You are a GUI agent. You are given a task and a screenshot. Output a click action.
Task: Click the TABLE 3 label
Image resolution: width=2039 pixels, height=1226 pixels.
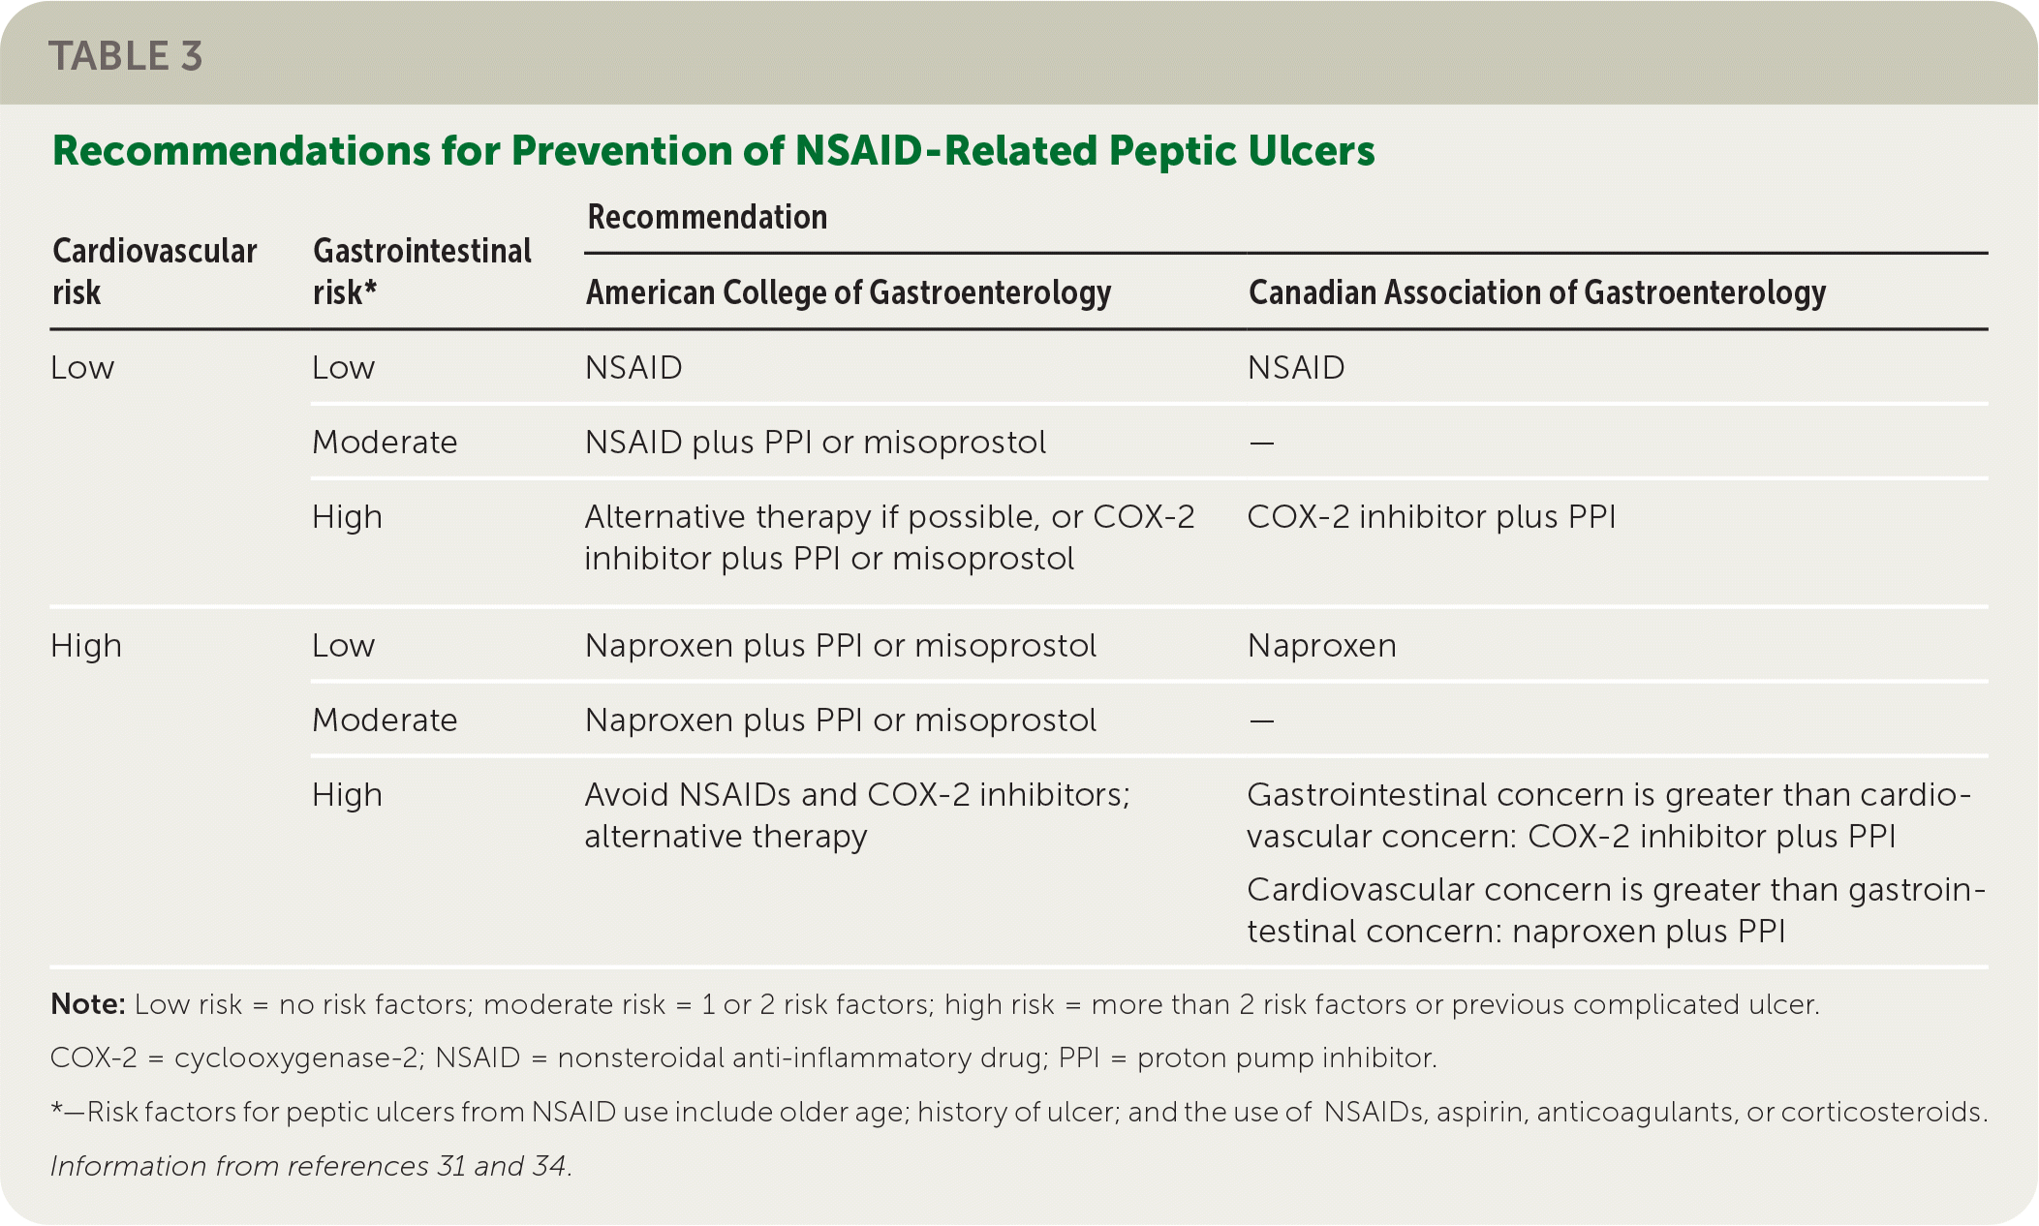(x=126, y=56)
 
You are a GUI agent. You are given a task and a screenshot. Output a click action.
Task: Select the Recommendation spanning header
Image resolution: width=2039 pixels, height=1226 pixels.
(x=707, y=217)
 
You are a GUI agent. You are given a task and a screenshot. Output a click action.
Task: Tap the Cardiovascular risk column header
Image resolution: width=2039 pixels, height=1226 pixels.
(x=154, y=271)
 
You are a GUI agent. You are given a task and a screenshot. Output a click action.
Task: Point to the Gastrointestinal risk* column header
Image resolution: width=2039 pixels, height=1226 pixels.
(x=422, y=271)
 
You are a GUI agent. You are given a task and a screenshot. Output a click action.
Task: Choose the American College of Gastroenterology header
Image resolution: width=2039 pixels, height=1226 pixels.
(x=849, y=292)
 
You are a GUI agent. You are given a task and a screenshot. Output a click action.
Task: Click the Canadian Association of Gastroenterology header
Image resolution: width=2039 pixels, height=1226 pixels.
(x=1537, y=292)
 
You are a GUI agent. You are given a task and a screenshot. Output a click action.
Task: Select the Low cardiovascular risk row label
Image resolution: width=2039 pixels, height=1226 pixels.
(x=82, y=368)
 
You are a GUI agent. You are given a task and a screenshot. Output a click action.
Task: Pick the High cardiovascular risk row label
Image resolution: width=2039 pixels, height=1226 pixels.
(x=86, y=646)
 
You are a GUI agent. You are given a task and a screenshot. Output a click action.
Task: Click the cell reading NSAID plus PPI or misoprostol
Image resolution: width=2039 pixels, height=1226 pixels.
(x=816, y=443)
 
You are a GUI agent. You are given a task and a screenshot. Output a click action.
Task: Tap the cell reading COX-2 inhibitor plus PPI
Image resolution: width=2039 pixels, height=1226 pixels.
(x=1432, y=517)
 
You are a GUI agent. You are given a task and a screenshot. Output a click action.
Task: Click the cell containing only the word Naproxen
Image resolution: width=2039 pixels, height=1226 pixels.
(x=1322, y=646)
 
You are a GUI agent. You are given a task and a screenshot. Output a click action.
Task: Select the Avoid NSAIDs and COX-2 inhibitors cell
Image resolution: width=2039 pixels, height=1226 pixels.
(x=857, y=815)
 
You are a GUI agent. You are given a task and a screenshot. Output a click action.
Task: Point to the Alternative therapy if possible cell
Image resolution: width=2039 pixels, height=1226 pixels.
(x=890, y=537)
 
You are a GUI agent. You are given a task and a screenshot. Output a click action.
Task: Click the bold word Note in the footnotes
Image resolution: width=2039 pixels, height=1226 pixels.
(x=88, y=1004)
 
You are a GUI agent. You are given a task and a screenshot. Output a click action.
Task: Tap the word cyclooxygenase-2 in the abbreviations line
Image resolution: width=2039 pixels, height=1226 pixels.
(x=299, y=1057)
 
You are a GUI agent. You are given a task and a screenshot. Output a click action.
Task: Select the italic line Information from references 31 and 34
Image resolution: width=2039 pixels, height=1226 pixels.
(x=311, y=1166)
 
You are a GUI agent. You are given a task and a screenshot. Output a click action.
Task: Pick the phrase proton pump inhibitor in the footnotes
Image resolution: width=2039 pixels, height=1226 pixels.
(x=1287, y=1057)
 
